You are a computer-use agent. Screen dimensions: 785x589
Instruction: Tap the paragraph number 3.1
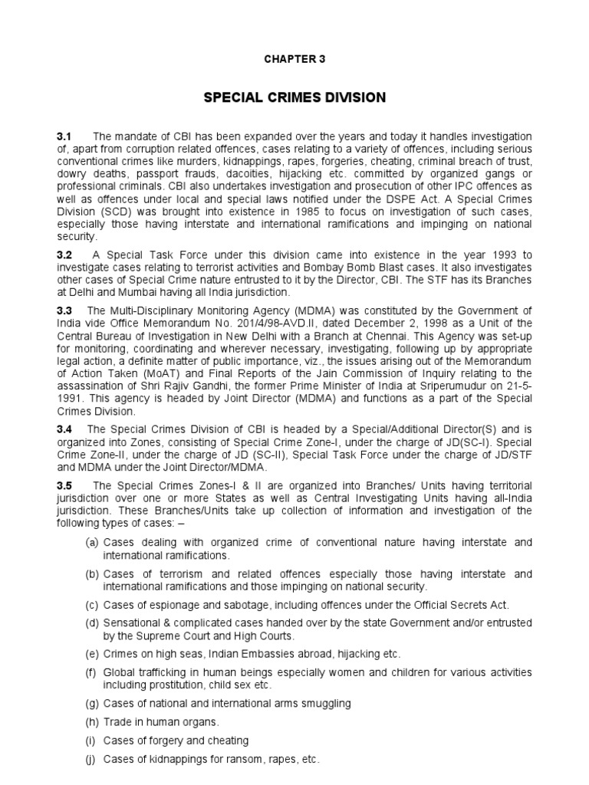64,136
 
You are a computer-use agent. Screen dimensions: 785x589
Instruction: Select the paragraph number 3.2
64,255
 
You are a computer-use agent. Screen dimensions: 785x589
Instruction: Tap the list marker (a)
92,543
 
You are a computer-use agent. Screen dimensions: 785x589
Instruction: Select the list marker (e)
92,653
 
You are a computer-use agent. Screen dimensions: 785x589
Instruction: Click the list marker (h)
92,721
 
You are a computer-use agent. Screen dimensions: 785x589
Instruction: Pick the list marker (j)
91,759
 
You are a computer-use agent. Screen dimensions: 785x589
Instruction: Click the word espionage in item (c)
172,604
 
